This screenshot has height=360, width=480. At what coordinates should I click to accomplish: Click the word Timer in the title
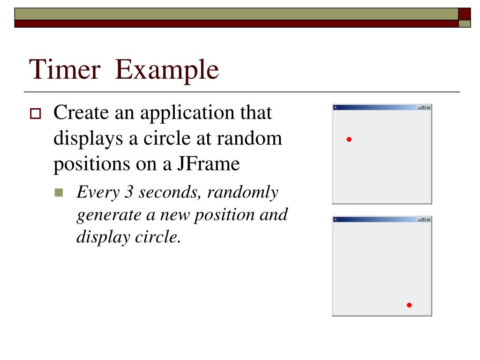65,70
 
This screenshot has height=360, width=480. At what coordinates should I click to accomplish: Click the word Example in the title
167,70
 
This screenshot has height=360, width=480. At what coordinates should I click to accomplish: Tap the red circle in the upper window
349,139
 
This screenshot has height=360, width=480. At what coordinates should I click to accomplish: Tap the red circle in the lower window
409,305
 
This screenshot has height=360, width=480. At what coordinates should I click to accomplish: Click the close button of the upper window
428,107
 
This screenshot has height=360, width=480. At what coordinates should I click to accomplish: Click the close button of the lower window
428,219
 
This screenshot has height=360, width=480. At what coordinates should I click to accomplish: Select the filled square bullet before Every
59,193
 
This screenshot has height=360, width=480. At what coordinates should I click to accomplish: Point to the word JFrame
208,164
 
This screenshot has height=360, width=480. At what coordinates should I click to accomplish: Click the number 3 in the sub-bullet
126,192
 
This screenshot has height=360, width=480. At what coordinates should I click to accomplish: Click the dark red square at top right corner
464,14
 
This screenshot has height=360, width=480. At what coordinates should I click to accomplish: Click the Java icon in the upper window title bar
336,107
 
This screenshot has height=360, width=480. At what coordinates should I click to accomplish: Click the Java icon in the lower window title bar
336,219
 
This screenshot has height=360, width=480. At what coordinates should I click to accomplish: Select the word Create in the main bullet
79,113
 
